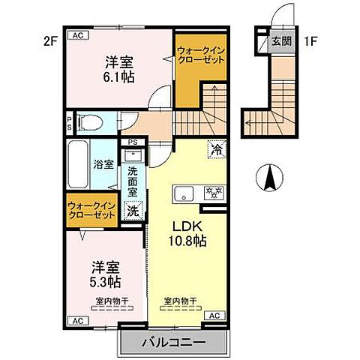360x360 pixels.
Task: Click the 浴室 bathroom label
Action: click(103, 164)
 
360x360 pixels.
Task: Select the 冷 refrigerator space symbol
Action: click(215, 149)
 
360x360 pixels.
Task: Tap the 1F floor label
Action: click(309, 41)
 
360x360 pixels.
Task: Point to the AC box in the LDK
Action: click(212, 315)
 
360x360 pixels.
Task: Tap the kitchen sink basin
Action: click(184, 194)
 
